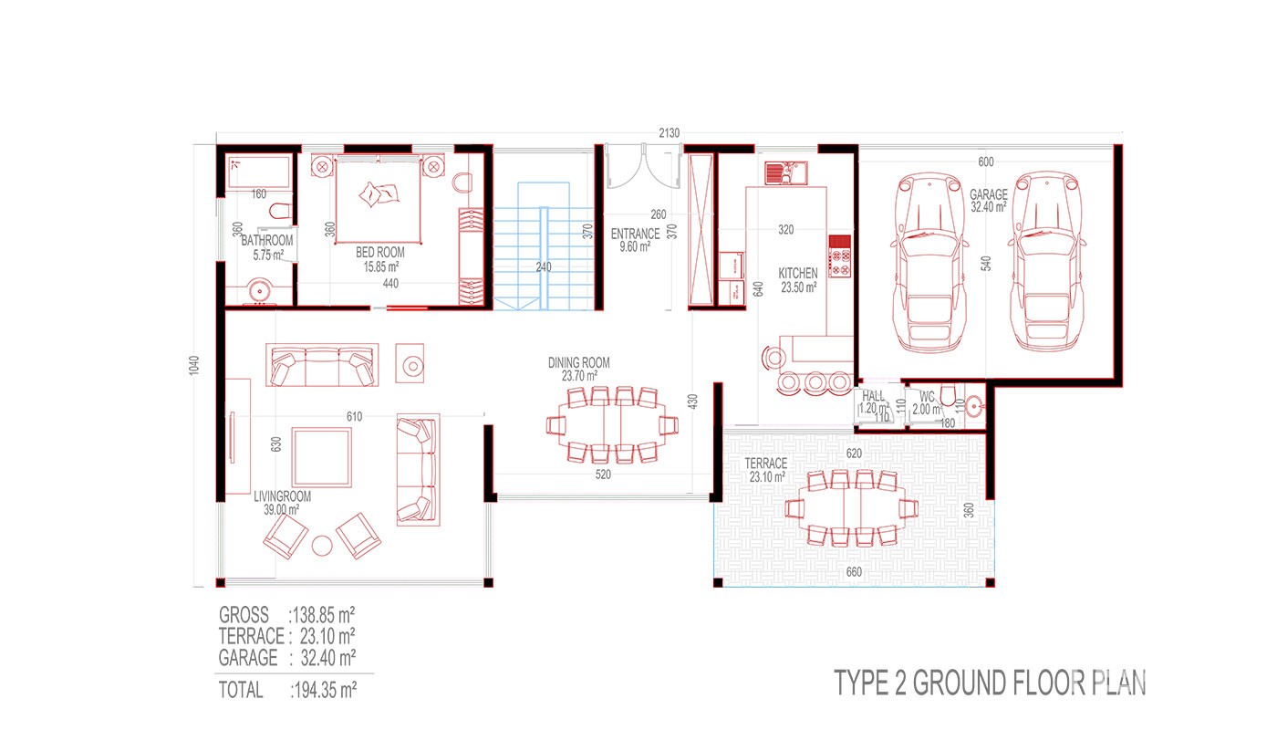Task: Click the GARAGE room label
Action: (x=989, y=194)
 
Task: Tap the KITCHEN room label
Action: (x=798, y=273)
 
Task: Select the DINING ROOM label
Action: (x=578, y=363)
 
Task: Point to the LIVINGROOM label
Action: (x=282, y=496)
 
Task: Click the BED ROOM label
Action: (x=380, y=252)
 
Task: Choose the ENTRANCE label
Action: (x=635, y=234)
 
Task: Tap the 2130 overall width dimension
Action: (x=670, y=133)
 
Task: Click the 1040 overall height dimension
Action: (x=194, y=366)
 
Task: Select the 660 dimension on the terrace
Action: (x=854, y=572)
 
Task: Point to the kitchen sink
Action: (x=786, y=172)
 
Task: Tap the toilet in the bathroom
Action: (x=280, y=211)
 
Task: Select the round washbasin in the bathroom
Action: (x=260, y=291)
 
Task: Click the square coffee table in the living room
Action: (x=321, y=457)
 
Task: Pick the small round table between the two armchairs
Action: (x=322, y=546)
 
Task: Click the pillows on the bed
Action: (x=379, y=194)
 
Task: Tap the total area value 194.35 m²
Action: (x=325, y=690)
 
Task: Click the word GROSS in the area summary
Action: (x=244, y=615)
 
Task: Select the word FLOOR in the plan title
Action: (x=1045, y=683)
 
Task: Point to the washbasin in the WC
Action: (x=974, y=407)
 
